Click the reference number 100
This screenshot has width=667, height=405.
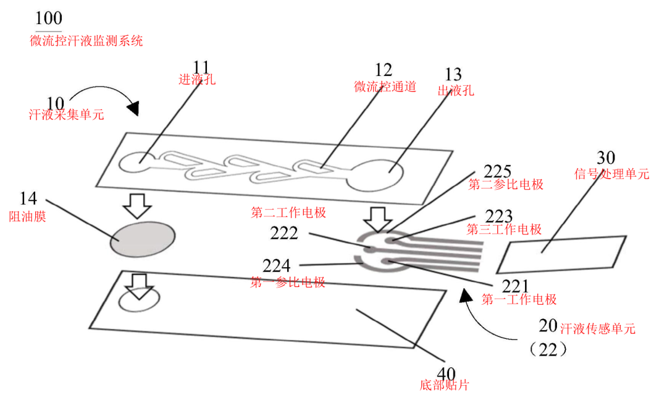48,19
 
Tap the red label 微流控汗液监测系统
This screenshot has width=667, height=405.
86,41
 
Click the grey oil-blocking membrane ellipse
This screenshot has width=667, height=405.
143,238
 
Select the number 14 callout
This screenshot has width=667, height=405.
28,198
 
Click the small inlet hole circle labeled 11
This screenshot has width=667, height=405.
134,163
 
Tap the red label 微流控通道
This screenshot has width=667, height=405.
385,87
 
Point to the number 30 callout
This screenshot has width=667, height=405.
605,158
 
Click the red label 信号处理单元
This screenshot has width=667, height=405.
611,174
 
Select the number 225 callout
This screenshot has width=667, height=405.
498,171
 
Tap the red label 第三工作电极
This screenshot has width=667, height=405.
504,230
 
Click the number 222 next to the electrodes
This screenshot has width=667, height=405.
284,233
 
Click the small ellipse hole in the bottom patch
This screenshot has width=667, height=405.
138,301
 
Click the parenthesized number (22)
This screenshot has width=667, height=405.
548,349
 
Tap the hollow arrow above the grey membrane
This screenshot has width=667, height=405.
137,205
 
